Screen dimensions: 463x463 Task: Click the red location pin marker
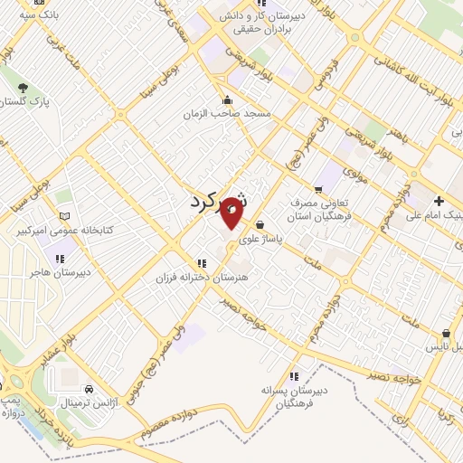coord(231,211)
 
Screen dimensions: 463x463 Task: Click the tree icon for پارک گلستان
coord(23,89)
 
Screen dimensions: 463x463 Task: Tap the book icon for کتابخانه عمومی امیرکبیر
coord(63,216)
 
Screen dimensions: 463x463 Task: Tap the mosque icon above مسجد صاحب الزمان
coord(228,100)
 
